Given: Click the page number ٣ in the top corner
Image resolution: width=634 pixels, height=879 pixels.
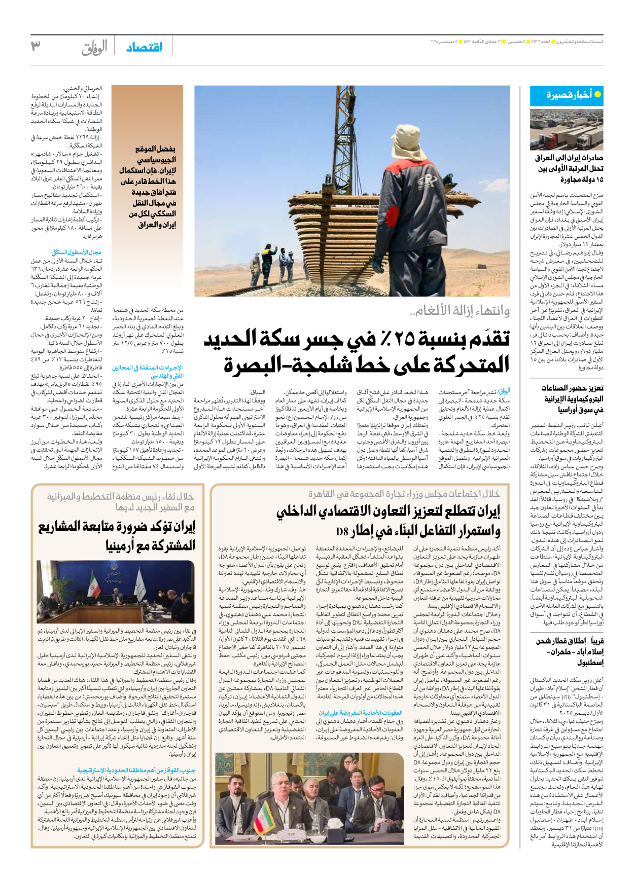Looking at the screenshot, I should pyautogui.click(x=36, y=46).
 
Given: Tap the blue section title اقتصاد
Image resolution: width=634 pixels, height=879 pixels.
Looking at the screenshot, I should pyautogui.click(x=144, y=47).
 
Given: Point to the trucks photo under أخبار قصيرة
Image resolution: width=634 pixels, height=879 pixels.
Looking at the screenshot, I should pyautogui.click(x=567, y=129).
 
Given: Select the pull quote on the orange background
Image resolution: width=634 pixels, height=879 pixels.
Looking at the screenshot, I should pyautogui.click(x=148, y=187).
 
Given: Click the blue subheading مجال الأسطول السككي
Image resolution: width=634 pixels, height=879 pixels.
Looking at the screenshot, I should pyautogui.click(x=76, y=252).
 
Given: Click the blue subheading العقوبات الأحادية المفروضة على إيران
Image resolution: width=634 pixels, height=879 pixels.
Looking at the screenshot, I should pyautogui.click(x=360, y=713).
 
